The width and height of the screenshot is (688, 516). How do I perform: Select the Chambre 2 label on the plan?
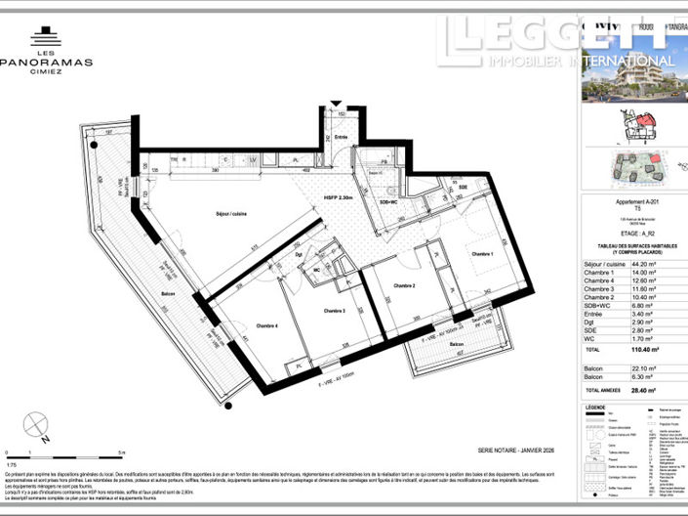[405, 285]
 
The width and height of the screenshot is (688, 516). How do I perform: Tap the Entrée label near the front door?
[342, 137]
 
